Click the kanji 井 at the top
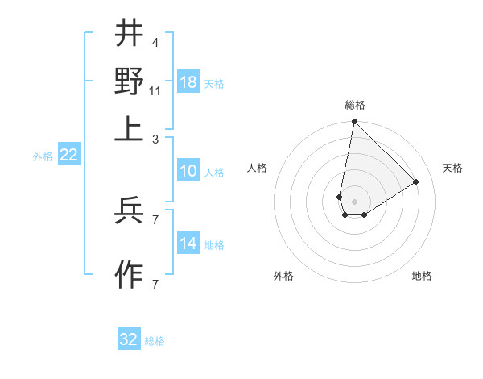pyautogui.click(x=129, y=34)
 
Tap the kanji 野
pyautogui.click(x=129, y=81)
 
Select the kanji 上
pyautogui.click(x=129, y=128)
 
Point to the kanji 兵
pyautogui.click(x=129, y=210)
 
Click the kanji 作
pyautogui.click(x=129, y=275)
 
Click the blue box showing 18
pyautogui.click(x=188, y=81)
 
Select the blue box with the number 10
pyautogui.click(x=188, y=171)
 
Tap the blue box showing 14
pyautogui.click(x=188, y=244)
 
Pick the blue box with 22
pyautogui.click(x=68, y=156)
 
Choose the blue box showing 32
pyautogui.click(x=129, y=339)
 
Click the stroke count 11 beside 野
pyautogui.click(x=155, y=90)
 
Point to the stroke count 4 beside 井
pyautogui.click(x=155, y=42)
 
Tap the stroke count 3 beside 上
pyautogui.click(x=155, y=139)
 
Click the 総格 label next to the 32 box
pyautogui.click(x=155, y=341)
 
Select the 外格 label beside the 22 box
pyautogui.click(x=43, y=156)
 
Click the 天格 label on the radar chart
pyautogui.click(x=453, y=168)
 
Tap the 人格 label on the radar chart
pyautogui.click(x=257, y=168)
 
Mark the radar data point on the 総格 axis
pyautogui.click(x=354, y=123)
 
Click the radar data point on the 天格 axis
pyautogui.click(x=416, y=181)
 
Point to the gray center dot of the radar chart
pyautogui.click(x=354, y=202)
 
